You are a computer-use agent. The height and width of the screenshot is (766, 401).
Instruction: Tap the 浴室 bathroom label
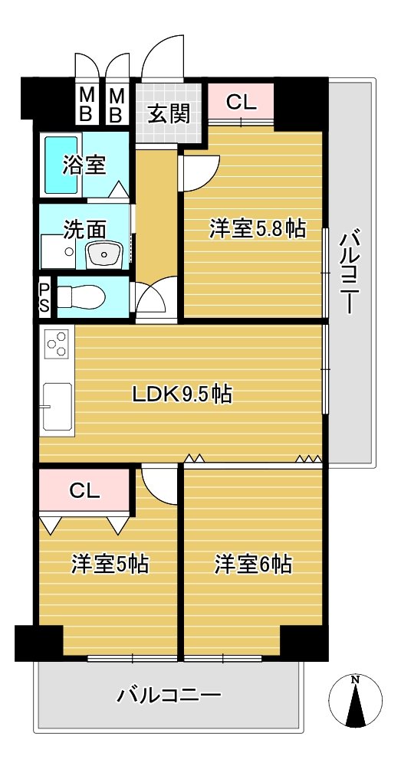(84, 165)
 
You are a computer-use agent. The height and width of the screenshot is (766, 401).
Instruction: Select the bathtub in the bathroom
(61, 165)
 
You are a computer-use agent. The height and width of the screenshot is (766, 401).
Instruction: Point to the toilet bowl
(81, 296)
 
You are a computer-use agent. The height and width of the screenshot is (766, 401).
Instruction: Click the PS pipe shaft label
(44, 297)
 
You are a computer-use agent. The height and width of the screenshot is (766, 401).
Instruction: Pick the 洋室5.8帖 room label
(257, 228)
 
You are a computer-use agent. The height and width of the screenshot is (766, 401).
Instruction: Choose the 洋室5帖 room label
(110, 565)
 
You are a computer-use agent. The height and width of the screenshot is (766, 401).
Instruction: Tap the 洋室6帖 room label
(253, 565)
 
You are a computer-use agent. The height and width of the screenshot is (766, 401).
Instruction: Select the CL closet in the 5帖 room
(84, 491)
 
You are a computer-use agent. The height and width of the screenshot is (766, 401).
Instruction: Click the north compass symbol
(356, 702)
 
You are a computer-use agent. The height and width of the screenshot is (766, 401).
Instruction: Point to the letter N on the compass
(356, 679)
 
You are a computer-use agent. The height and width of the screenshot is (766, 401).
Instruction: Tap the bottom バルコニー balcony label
(168, 695)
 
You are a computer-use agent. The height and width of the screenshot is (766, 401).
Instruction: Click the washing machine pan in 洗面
(58, 251)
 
